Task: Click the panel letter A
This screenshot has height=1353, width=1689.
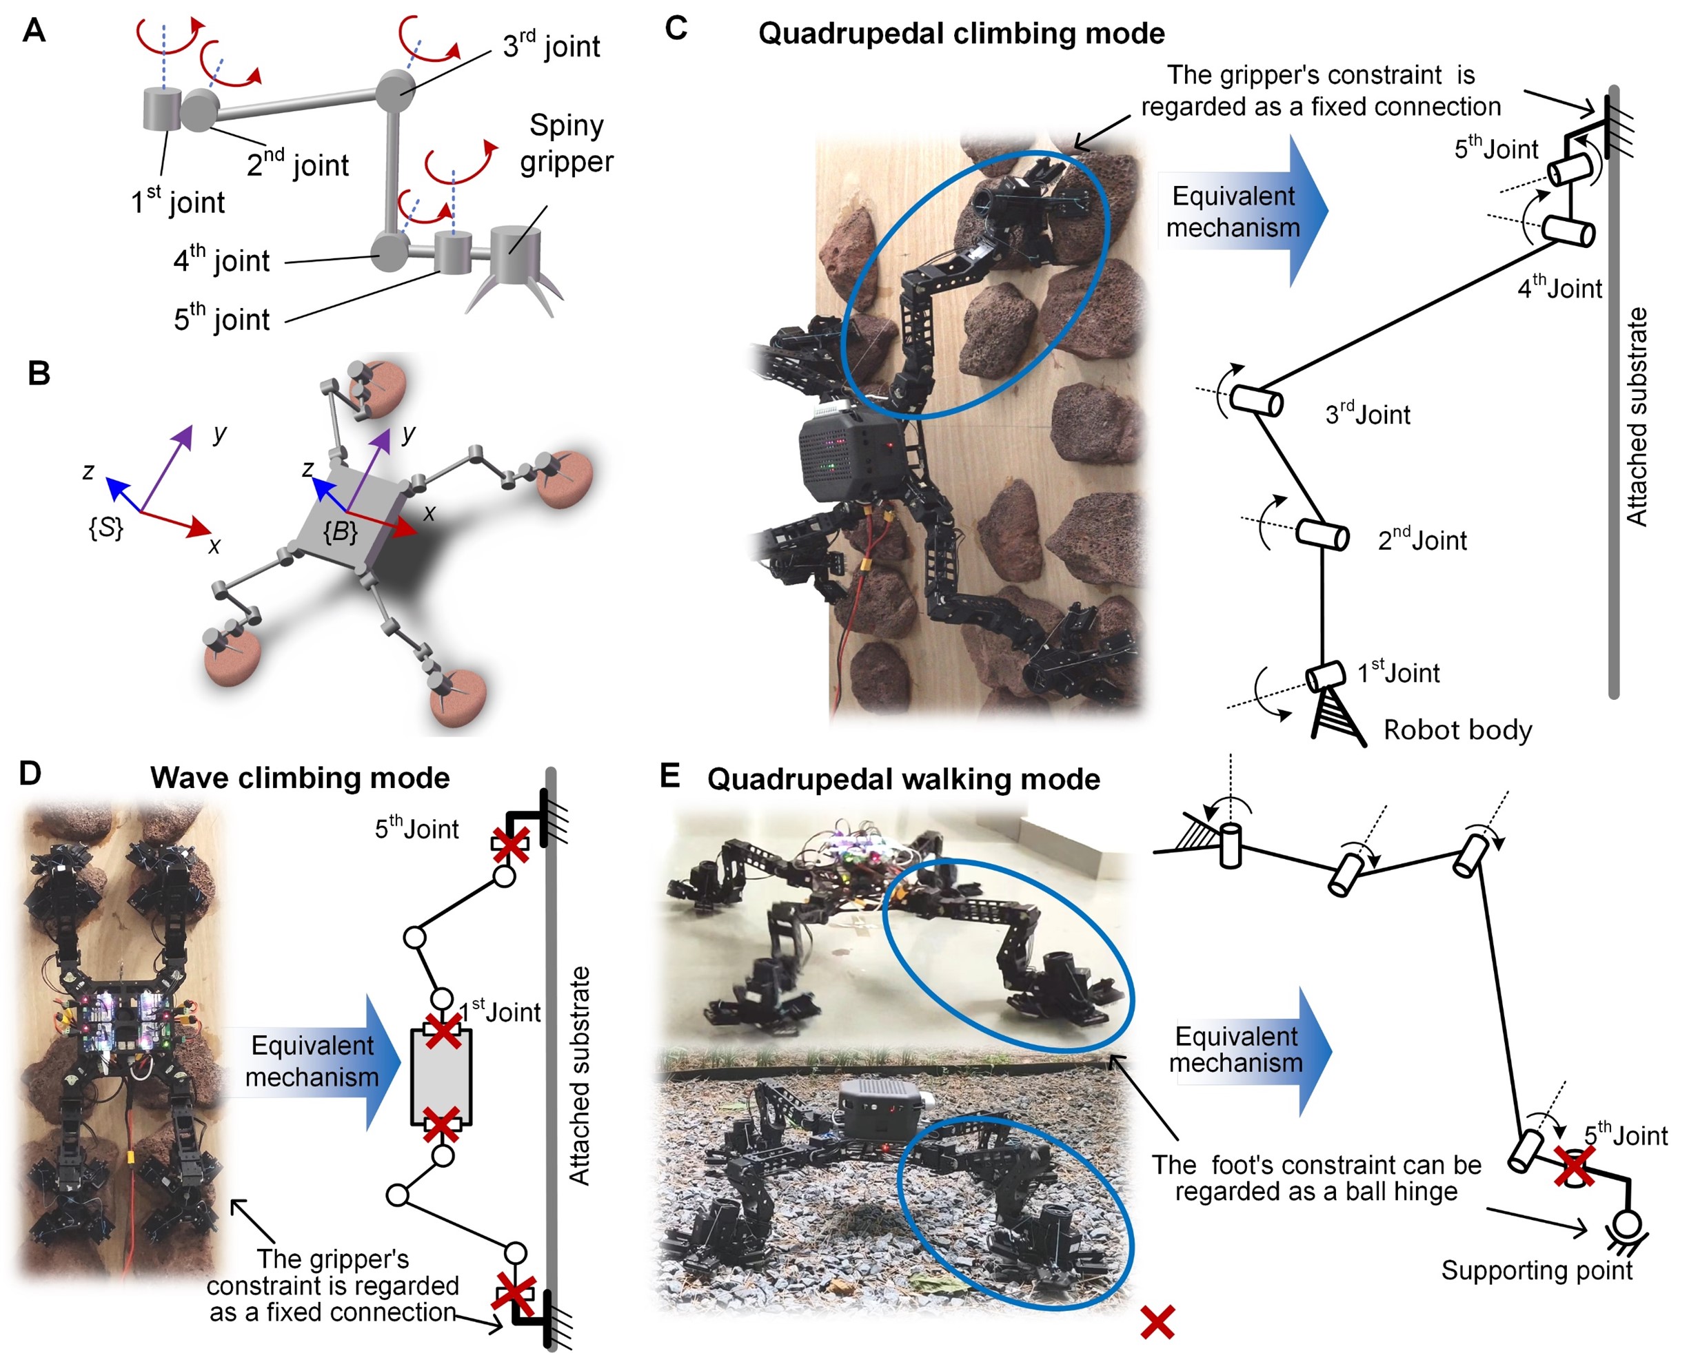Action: pos(34,31)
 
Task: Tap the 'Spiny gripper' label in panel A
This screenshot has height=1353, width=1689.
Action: pos(567,143)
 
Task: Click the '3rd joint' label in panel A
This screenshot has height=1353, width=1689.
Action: pos(551,45)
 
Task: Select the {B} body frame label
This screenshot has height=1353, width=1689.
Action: pos(340,532)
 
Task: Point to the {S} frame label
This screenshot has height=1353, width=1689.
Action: pos(105,528)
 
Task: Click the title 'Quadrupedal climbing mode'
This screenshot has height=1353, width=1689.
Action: pos(961,34)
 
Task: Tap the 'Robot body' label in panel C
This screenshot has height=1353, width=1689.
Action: pos(1457,730)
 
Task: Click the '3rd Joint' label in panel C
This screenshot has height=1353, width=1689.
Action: pos(1367,413)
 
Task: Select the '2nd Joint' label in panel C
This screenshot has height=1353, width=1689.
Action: pos(1422,539)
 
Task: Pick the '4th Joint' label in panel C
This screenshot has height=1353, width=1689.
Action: pos(1559,287)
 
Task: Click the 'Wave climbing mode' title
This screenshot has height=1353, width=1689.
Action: pos(300,778)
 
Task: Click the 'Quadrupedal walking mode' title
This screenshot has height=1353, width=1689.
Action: pos(903,779)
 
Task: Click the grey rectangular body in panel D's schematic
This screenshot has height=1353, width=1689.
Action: pos(441,1077)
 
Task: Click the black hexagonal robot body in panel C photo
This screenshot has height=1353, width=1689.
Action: pos(850,458)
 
